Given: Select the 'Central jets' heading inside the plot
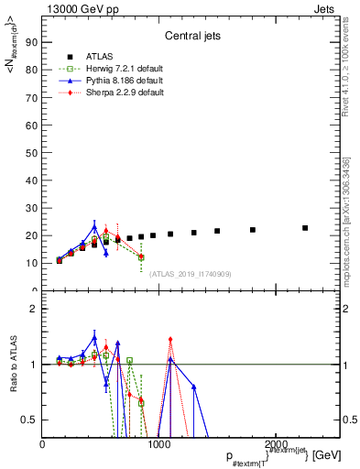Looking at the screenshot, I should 191,37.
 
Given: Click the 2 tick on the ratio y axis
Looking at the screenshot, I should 33,309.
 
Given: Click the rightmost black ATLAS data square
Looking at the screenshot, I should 305,228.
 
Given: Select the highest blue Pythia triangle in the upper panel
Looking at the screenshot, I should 94,227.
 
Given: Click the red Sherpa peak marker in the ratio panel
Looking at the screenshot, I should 170,340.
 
